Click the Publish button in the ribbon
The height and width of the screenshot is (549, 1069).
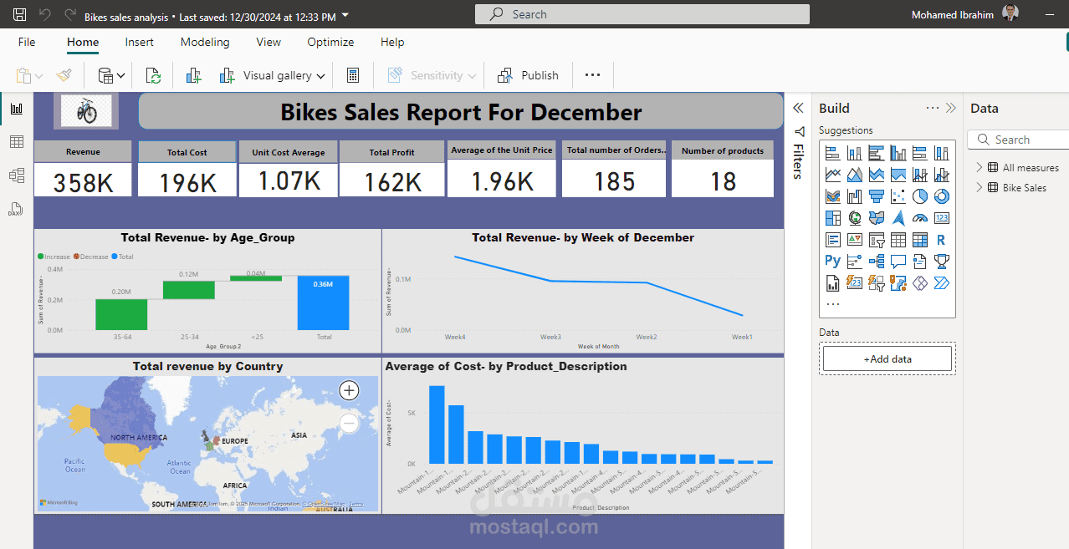[x=529, y=75]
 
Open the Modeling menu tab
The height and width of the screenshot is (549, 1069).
[x=205, y=42]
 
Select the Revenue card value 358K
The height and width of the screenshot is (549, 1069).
[x=83, y=182]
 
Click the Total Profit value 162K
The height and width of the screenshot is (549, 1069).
[x=392, y=182]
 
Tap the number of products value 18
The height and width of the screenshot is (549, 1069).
[x=723, y=181]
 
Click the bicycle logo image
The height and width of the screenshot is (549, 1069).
[x=86, y=111]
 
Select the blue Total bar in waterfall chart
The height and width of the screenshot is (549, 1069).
[x=323, y=302]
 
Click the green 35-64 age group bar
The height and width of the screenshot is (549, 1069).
[x=121, y=314]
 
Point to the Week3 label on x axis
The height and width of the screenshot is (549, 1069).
[x=550, y=338]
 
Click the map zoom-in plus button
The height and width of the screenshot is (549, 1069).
[x=349, y=390]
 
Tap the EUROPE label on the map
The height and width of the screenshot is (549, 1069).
[x=234, y=441]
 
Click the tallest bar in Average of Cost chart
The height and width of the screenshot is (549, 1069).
[x=437, y=424]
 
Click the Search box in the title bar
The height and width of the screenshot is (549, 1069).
[x=642, y=14]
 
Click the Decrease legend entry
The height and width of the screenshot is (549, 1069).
[x=92, y=257]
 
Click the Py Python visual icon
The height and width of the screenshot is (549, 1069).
[x=832, y=261]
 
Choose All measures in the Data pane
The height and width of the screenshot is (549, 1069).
[x=1030, y=168]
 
